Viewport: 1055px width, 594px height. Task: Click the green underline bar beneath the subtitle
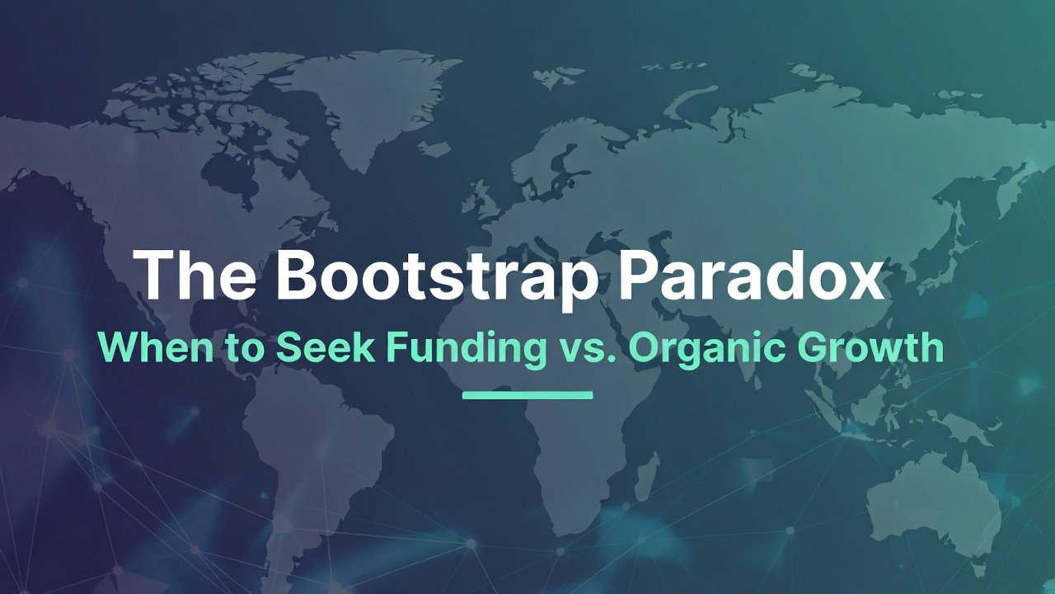click(527, 395)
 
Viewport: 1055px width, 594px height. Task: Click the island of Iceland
click(434, 148)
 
